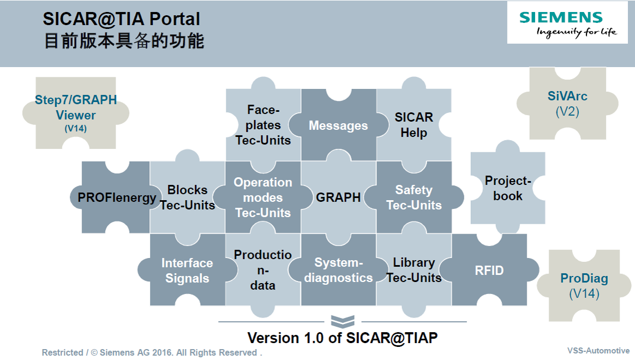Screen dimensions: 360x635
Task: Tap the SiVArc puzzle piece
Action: [567, 104]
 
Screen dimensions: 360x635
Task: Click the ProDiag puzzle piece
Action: [584, 285]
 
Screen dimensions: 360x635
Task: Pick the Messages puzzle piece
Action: [338, 125]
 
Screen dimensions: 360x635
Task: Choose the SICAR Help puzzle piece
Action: [414, 125]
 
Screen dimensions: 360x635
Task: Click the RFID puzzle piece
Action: [489, 270]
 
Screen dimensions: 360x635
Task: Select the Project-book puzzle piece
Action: [507, 188]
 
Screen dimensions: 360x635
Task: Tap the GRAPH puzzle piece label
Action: [338, 197]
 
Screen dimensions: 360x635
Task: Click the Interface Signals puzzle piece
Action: [187, 270]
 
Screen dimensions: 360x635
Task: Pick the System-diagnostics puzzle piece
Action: [338, 270]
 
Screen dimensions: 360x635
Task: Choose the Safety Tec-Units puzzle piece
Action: [414, 197]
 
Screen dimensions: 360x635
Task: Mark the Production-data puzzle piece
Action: [263, 270]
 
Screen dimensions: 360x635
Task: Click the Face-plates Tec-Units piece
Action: [263, 125]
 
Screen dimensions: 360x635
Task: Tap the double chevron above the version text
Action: [343, 321]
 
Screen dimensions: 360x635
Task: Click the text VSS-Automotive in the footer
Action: [598, 351]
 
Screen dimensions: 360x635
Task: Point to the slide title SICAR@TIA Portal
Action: [122, 20]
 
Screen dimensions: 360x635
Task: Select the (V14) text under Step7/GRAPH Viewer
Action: [76, 129]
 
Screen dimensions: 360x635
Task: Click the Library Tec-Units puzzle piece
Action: [414, 270]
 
